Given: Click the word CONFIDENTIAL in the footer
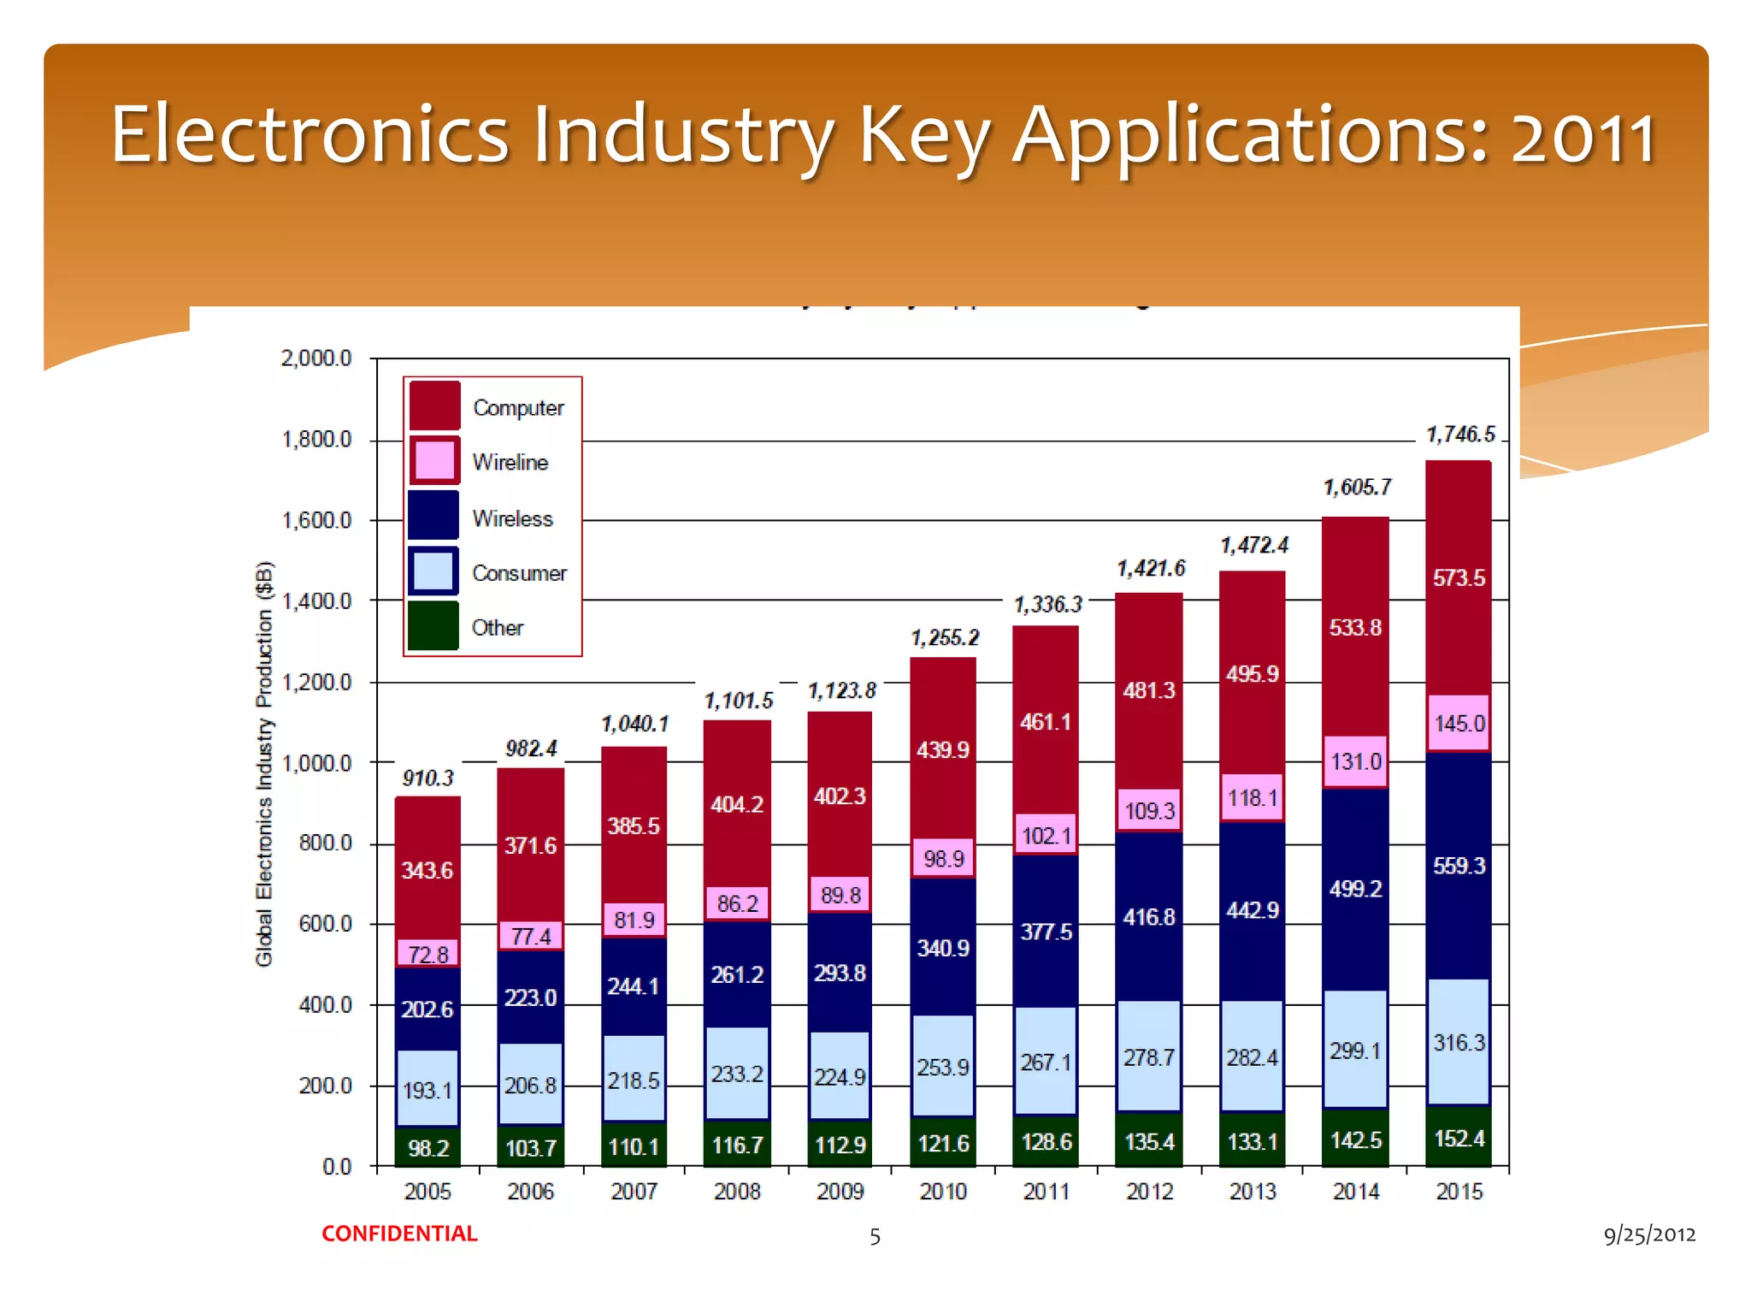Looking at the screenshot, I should pos(399,1234).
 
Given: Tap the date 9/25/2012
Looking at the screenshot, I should pos(1649,1234).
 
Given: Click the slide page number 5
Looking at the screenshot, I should pos(875,1236).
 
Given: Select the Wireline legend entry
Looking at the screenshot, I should pos(510,462).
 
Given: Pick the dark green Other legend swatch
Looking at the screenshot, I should pos(433,626).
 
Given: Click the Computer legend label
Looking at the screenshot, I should pos(518,408).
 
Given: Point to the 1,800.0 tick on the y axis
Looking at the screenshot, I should pos(316,440).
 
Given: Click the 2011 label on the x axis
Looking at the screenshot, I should pos(1046,1192).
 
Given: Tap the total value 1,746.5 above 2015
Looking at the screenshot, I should pos(1460,435).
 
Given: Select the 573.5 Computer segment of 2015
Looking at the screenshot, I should pos(1459,578).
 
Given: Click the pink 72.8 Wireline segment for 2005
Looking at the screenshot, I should pos(427,954).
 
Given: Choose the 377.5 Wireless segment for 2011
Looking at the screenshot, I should pos(1046,932).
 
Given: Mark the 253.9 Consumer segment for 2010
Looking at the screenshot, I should pos(943,1067).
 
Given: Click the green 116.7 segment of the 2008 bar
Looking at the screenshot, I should pos(737,1145).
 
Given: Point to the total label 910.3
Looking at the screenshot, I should pos(427,778).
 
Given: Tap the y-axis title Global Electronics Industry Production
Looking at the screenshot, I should pos(265,764).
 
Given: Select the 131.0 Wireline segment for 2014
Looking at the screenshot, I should pos(1355,761).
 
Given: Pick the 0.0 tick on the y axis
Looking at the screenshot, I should pos(337,1167).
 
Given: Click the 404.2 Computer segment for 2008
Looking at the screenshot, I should pos(737,804).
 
